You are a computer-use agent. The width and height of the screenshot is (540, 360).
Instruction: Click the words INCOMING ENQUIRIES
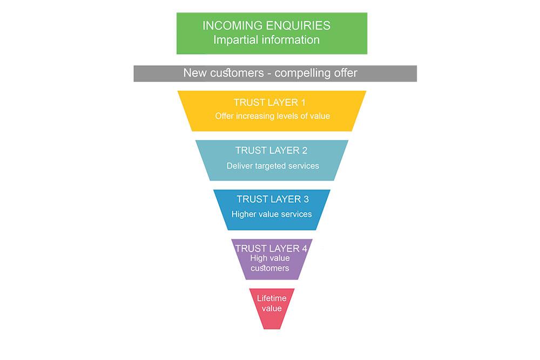point(266,25)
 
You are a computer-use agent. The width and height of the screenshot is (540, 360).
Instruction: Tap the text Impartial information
point(267,40)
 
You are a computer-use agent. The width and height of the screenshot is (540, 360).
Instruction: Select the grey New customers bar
point(275,73)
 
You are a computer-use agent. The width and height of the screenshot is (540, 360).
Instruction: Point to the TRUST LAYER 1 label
point(269,103)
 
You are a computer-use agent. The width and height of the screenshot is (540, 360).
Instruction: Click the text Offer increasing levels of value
point(272,116)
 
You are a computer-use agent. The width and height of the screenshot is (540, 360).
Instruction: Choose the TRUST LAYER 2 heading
point(272,151)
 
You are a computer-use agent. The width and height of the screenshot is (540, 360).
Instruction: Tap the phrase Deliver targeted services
point(273,166)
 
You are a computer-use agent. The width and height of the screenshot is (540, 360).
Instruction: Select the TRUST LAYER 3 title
point(273,199)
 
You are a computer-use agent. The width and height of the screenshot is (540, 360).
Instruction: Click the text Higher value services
point(272,214)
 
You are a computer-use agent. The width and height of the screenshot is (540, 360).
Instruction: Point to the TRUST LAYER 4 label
point(271,248)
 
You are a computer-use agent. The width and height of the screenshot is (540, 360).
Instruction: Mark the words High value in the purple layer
point(270,258)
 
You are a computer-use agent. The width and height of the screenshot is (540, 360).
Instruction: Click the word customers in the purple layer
point(270,268)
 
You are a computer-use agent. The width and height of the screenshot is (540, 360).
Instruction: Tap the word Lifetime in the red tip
point(272,298)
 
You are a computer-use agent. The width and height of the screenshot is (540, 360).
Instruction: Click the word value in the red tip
point(272,308)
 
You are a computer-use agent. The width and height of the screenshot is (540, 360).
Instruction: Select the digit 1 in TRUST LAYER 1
point(303,103)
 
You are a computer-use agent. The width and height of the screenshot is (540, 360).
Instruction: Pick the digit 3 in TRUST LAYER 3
point(306,199)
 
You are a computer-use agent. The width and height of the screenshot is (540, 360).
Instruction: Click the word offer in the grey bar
point(346,73)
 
